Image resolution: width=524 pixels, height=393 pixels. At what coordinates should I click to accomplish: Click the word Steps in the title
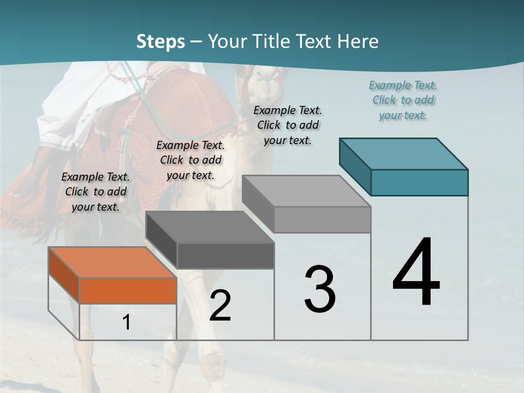pos(160,41)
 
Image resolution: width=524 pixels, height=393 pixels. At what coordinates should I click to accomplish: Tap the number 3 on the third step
pos(319,289)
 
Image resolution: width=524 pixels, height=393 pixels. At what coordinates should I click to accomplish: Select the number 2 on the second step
pos(220,306)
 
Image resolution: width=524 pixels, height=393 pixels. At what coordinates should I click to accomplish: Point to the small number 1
pos(127,323)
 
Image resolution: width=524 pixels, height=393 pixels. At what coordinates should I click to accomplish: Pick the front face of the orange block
pos(128,290)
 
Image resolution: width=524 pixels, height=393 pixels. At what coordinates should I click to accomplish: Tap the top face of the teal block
pos(403,153)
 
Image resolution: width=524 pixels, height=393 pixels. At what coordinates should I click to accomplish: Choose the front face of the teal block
pos(419,182)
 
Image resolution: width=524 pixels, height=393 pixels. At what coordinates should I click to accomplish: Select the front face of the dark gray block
pos(225,255)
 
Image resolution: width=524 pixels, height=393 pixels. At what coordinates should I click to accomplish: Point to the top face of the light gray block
pos(306,191)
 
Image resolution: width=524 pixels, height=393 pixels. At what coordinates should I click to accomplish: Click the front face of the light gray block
pos(322,219)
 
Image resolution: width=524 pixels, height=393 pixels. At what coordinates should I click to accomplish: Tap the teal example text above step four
pos(403,100)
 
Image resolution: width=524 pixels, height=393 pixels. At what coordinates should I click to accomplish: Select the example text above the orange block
pos(96,192)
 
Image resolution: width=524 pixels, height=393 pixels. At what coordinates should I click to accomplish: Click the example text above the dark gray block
pos(190,160)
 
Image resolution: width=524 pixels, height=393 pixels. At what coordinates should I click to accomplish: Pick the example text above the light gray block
pos(288,126)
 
